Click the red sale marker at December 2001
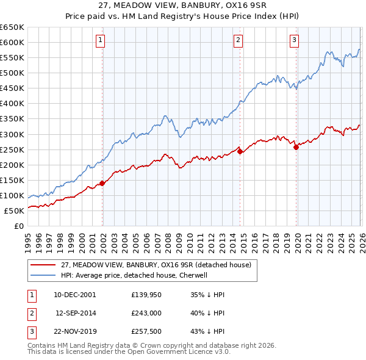(102, 182)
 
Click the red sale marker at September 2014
(240, 151)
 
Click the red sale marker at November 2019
(296, 146)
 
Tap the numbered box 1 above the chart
(100, 41)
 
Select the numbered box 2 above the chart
(238, 41)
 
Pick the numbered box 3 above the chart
(294, 41)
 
